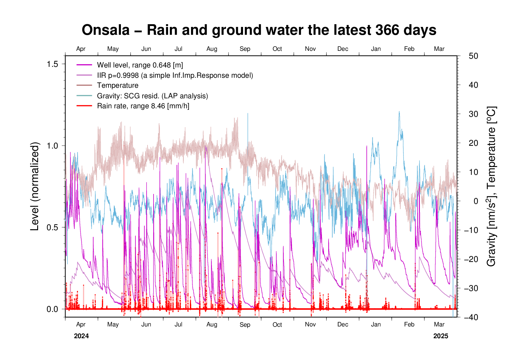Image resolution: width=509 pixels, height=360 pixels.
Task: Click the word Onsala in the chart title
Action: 105,30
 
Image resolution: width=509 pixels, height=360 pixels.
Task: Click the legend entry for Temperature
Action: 118,86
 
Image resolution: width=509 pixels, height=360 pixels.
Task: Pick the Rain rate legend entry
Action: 143,106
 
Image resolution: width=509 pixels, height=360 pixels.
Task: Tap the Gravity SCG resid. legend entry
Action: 152,96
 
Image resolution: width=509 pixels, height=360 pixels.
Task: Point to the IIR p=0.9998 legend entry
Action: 175,75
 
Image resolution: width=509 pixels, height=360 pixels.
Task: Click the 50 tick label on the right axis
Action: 474,56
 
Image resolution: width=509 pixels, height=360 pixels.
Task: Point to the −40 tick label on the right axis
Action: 472,317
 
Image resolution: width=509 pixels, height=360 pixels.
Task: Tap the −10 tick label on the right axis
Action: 472,230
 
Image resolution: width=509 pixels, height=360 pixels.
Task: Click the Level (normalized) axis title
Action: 35,186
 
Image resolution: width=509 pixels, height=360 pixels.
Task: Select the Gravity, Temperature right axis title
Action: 491,186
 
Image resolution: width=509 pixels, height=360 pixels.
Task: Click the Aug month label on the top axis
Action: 212,49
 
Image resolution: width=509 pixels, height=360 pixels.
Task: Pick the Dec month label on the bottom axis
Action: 343,325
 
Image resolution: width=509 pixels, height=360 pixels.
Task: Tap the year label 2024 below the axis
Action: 81,336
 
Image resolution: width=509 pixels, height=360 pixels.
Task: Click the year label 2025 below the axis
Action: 441,336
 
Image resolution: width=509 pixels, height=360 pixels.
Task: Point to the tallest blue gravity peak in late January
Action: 399,112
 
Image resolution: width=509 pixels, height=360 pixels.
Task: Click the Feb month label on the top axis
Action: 409,49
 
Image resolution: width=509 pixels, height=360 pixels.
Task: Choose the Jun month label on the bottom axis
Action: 146,325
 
